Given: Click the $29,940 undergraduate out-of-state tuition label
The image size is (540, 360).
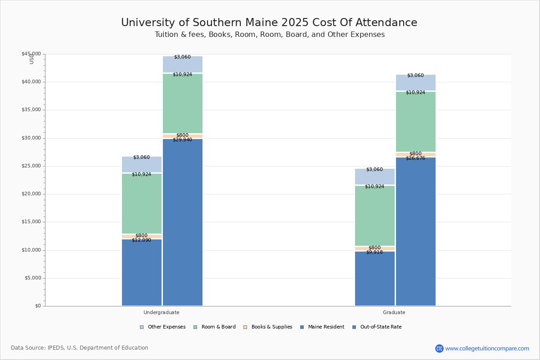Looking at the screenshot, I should [x=182, y=140].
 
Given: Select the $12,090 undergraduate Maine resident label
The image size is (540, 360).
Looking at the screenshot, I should [x=141, y=240].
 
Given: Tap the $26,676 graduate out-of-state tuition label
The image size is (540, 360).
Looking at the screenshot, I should [x=415, y=158].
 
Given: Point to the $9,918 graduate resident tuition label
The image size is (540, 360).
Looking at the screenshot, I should [x=374, y=252].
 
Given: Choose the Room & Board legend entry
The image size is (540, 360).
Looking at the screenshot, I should [x=218, y=327].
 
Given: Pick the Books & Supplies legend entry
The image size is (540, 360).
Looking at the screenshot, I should [x=271, y=327].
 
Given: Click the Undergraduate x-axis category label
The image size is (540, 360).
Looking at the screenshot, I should [x=162, y=312].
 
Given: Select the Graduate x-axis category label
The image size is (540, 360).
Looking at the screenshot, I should [x=394, y=312].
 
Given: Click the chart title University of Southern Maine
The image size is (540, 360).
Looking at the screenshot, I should [x=269, y=23].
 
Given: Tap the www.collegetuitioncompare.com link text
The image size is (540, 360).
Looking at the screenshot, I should [x=487, y=348].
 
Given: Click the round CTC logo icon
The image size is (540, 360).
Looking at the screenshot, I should [x=439, y=348].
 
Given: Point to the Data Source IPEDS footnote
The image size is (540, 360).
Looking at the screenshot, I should [x=80, y=348].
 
